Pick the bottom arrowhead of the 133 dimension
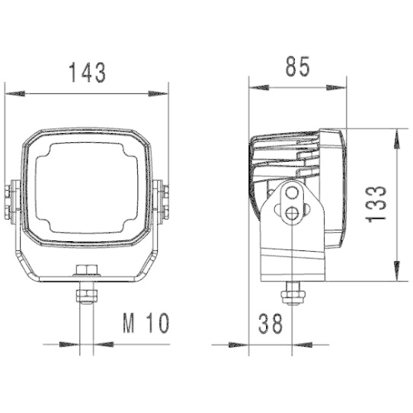tap(395, 276)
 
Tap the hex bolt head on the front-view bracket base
tap(87, 268)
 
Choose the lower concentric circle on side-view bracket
tap(290, 214)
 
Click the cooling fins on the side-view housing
tap(285, 157)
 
